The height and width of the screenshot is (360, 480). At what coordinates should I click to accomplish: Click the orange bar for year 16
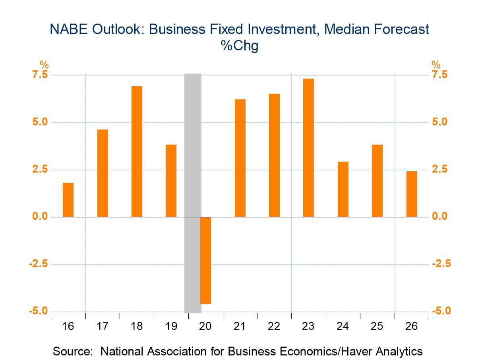pyautogui.click(x=68, y=200)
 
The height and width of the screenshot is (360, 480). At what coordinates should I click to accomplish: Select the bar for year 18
pyautogui.click(x=137, y=151)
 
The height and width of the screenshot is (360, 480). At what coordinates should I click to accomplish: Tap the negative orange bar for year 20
pyautogui.click(x=205, y=260)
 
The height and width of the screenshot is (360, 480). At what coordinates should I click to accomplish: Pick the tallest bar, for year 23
pyautogui.click(x=308, y=148)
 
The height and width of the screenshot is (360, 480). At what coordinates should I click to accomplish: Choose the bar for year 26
pyautogui.click(x=412, y=194)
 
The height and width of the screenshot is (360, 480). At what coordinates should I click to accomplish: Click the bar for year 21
pyautogui.click(x=240, y=158)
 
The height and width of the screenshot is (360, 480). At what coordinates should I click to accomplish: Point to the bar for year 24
pyautogui.click(x=343, y=189)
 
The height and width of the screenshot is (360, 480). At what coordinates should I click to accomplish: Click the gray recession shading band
pyautogui.click(x=193, y=159)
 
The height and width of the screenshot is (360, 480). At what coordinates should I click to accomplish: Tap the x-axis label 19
pyautogui.click(x=171, y=327)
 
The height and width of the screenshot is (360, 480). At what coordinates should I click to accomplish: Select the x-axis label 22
pyautogui.click(x=274, y=327)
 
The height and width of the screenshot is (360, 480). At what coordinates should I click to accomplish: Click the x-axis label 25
pyautogui.click(x=377, y=327)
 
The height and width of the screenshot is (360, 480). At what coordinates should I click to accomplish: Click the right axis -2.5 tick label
pyautogui.click(x=441, y=264)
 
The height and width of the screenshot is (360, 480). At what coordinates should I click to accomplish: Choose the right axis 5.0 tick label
pyautogui.click(x=440, y=122)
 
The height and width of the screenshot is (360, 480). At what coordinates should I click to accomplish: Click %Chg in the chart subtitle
pyautogui.click(x=240, y=46)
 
